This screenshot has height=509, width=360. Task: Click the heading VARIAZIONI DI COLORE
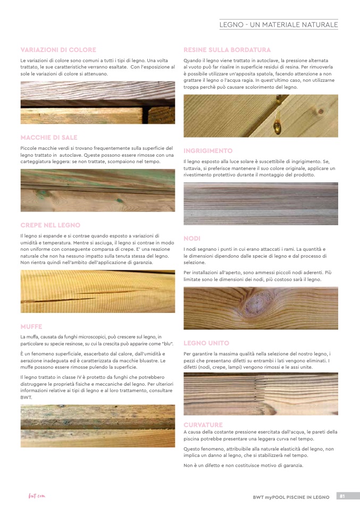(58, 50)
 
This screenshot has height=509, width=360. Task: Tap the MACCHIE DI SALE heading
(49, 138)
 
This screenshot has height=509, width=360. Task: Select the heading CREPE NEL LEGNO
(51, 225)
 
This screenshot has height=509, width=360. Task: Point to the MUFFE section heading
(31, 327)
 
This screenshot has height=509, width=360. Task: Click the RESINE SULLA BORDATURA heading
(227, 50)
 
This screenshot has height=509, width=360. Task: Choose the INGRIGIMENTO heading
(208, 151)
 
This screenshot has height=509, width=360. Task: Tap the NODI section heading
(192, 239)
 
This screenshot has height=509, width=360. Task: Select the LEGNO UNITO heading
(206, 343)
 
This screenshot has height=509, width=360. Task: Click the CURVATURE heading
(203, 425)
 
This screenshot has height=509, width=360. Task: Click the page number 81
(342, 496)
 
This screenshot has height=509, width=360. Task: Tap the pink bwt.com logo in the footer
(37, 496)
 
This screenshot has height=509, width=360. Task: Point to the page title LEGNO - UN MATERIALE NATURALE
(279, 24)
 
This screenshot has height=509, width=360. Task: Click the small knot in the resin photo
(321, 111)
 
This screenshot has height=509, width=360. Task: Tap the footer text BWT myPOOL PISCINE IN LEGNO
(291, 497)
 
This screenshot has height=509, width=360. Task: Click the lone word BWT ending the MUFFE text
(26, 397)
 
